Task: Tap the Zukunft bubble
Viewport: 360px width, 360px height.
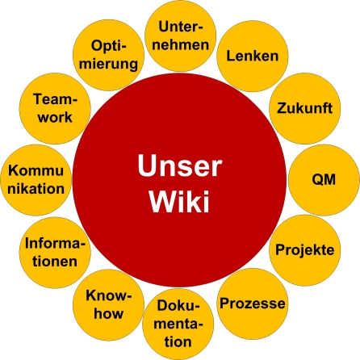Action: (303, 107)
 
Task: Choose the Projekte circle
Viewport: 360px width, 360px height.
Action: (303, 249)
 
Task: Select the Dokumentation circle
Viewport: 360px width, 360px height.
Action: (178, 323)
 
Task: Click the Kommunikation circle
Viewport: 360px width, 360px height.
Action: (35, 178)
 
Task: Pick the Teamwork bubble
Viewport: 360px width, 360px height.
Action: (53, 107)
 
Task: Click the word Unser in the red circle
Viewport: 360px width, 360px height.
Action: (178, 166)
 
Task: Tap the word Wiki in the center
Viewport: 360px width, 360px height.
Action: (178, 201)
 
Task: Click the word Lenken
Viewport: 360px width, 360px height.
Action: (252, 57)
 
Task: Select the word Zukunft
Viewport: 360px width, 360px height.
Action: (303, 108)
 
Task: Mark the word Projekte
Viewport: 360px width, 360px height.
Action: (304, 250)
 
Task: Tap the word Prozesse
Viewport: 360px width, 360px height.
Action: (252, 304)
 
